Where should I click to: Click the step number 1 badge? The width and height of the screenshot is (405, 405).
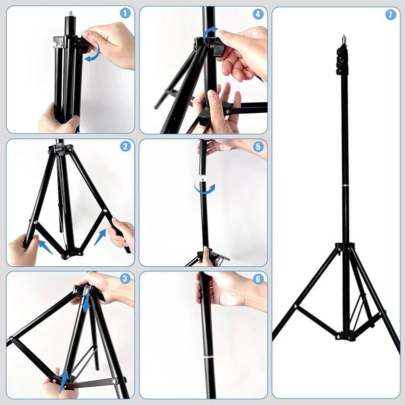pos(126,14)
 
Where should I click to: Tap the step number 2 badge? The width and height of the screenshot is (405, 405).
pos(126,147)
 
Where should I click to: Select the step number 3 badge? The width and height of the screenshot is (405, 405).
pos(126,278)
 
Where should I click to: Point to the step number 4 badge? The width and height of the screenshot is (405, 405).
pos(258,14)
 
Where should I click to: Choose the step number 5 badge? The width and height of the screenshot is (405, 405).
pos(258,147)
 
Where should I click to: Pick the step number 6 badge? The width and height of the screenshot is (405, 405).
pos(258,278)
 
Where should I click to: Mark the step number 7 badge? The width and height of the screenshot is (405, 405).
pos(390,15)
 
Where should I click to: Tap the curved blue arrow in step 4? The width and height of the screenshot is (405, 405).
pos(208,35)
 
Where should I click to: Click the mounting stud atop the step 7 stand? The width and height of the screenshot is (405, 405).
pos(344,38)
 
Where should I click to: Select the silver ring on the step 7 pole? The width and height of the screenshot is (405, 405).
pos(345,188)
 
